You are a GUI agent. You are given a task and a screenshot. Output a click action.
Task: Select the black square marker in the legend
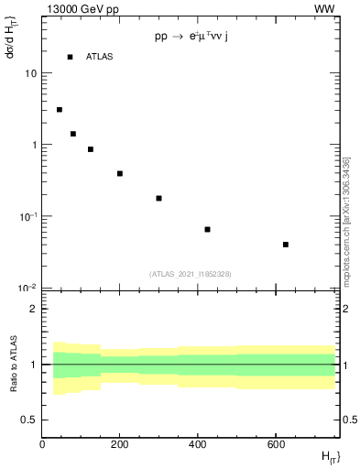tap(70, 57)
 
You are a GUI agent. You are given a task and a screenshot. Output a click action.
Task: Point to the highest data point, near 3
tap(60, 110)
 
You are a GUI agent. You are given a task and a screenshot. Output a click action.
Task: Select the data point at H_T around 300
tap(158, 198)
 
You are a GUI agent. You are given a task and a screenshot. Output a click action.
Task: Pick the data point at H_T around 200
tap(120, 173)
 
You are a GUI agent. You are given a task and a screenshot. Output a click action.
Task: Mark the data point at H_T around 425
tap(207, 229)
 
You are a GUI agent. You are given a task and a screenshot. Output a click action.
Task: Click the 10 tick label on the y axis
tap(30, 73)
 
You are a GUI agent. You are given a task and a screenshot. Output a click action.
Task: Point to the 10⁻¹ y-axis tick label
tap(27, 216)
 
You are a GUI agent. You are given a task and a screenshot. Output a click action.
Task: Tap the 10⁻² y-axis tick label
tap(27, 288)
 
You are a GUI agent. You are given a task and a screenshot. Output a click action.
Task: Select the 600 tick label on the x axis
tap(276, 444)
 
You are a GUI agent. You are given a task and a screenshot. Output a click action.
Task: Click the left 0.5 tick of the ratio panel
tap(31, 420)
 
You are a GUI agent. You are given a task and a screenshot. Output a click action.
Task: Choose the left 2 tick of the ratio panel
tap(34, 309)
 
